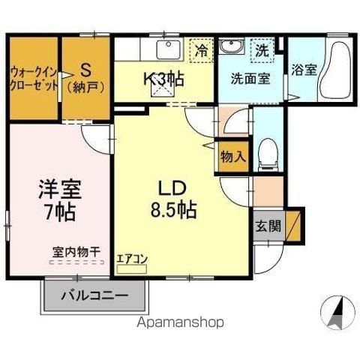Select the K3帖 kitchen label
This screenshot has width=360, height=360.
163,76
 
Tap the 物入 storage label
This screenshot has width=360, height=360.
232,157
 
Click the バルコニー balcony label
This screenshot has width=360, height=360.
94,294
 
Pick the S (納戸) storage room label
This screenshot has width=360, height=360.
85,77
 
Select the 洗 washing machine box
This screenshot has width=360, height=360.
262,52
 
